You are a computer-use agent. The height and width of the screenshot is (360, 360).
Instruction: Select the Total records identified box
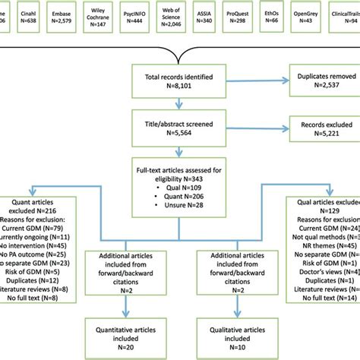point(179,81)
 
